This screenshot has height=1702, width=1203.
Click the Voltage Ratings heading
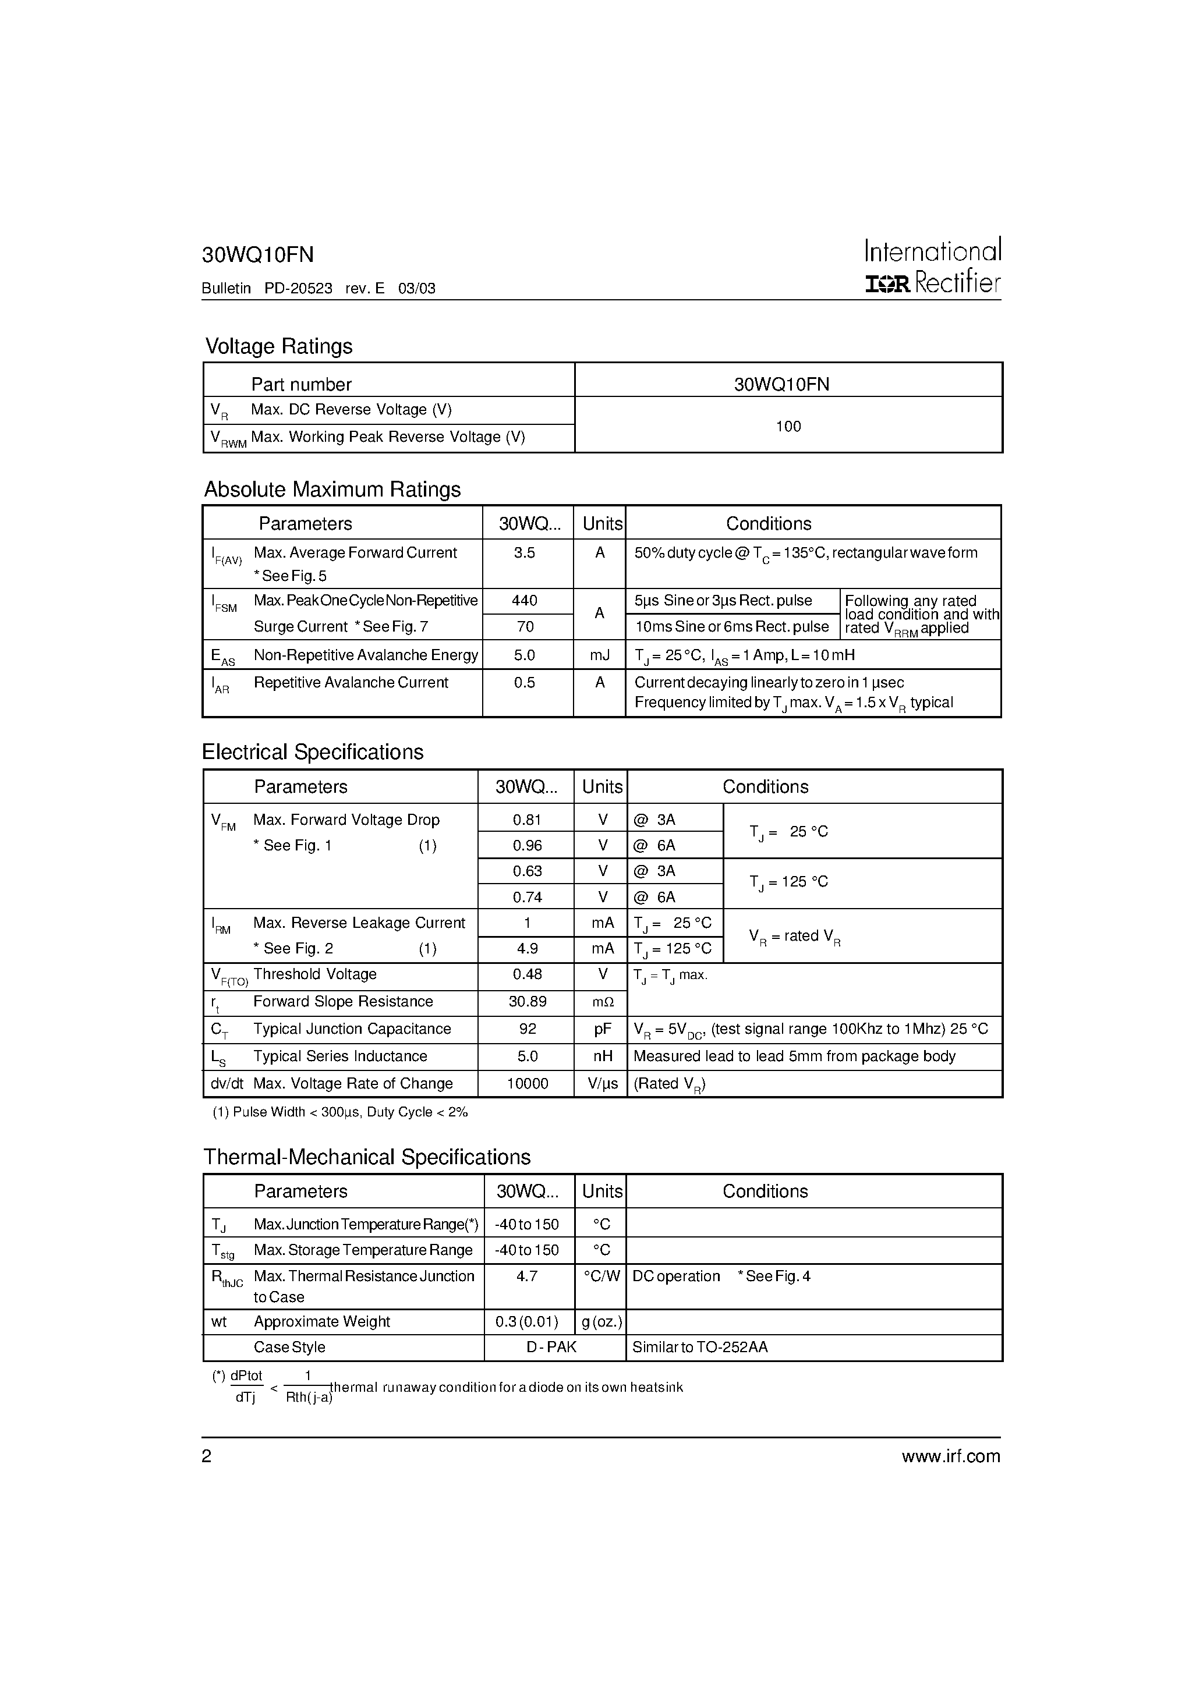tap(278, 346)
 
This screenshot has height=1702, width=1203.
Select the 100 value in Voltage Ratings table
tap(788, 426)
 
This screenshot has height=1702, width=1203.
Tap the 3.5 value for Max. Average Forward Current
tap(525, 553)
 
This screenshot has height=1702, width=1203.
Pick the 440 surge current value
tap(525, 601)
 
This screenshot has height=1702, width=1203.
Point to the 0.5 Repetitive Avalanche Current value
tap(525, 683)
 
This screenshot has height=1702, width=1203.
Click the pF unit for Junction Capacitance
tap(602, 1029)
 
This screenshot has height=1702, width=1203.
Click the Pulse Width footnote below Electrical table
tap(339, 1112)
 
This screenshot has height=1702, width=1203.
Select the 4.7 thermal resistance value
tap(526, 1276)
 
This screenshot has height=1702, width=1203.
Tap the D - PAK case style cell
tap(551, 1347)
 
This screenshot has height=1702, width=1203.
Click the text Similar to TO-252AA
tap(699, 1347)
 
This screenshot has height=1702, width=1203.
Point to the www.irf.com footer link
tap(950, 1456)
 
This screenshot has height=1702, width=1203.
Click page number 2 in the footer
tap(207, 1456)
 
